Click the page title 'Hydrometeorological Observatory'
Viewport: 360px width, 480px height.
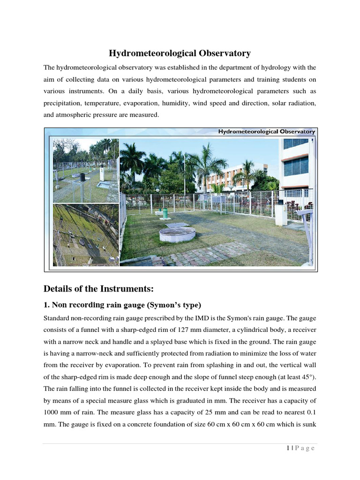click(180, 53)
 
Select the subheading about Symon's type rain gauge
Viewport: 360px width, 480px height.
click(122, 305)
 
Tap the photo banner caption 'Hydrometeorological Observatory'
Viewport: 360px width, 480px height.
click(266, 132)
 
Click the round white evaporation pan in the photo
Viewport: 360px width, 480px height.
click(177, 233)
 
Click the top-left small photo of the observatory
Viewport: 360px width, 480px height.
click(85, 170)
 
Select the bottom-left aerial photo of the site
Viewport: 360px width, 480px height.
click(85, 234)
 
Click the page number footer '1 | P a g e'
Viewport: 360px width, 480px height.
click(300, 448)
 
